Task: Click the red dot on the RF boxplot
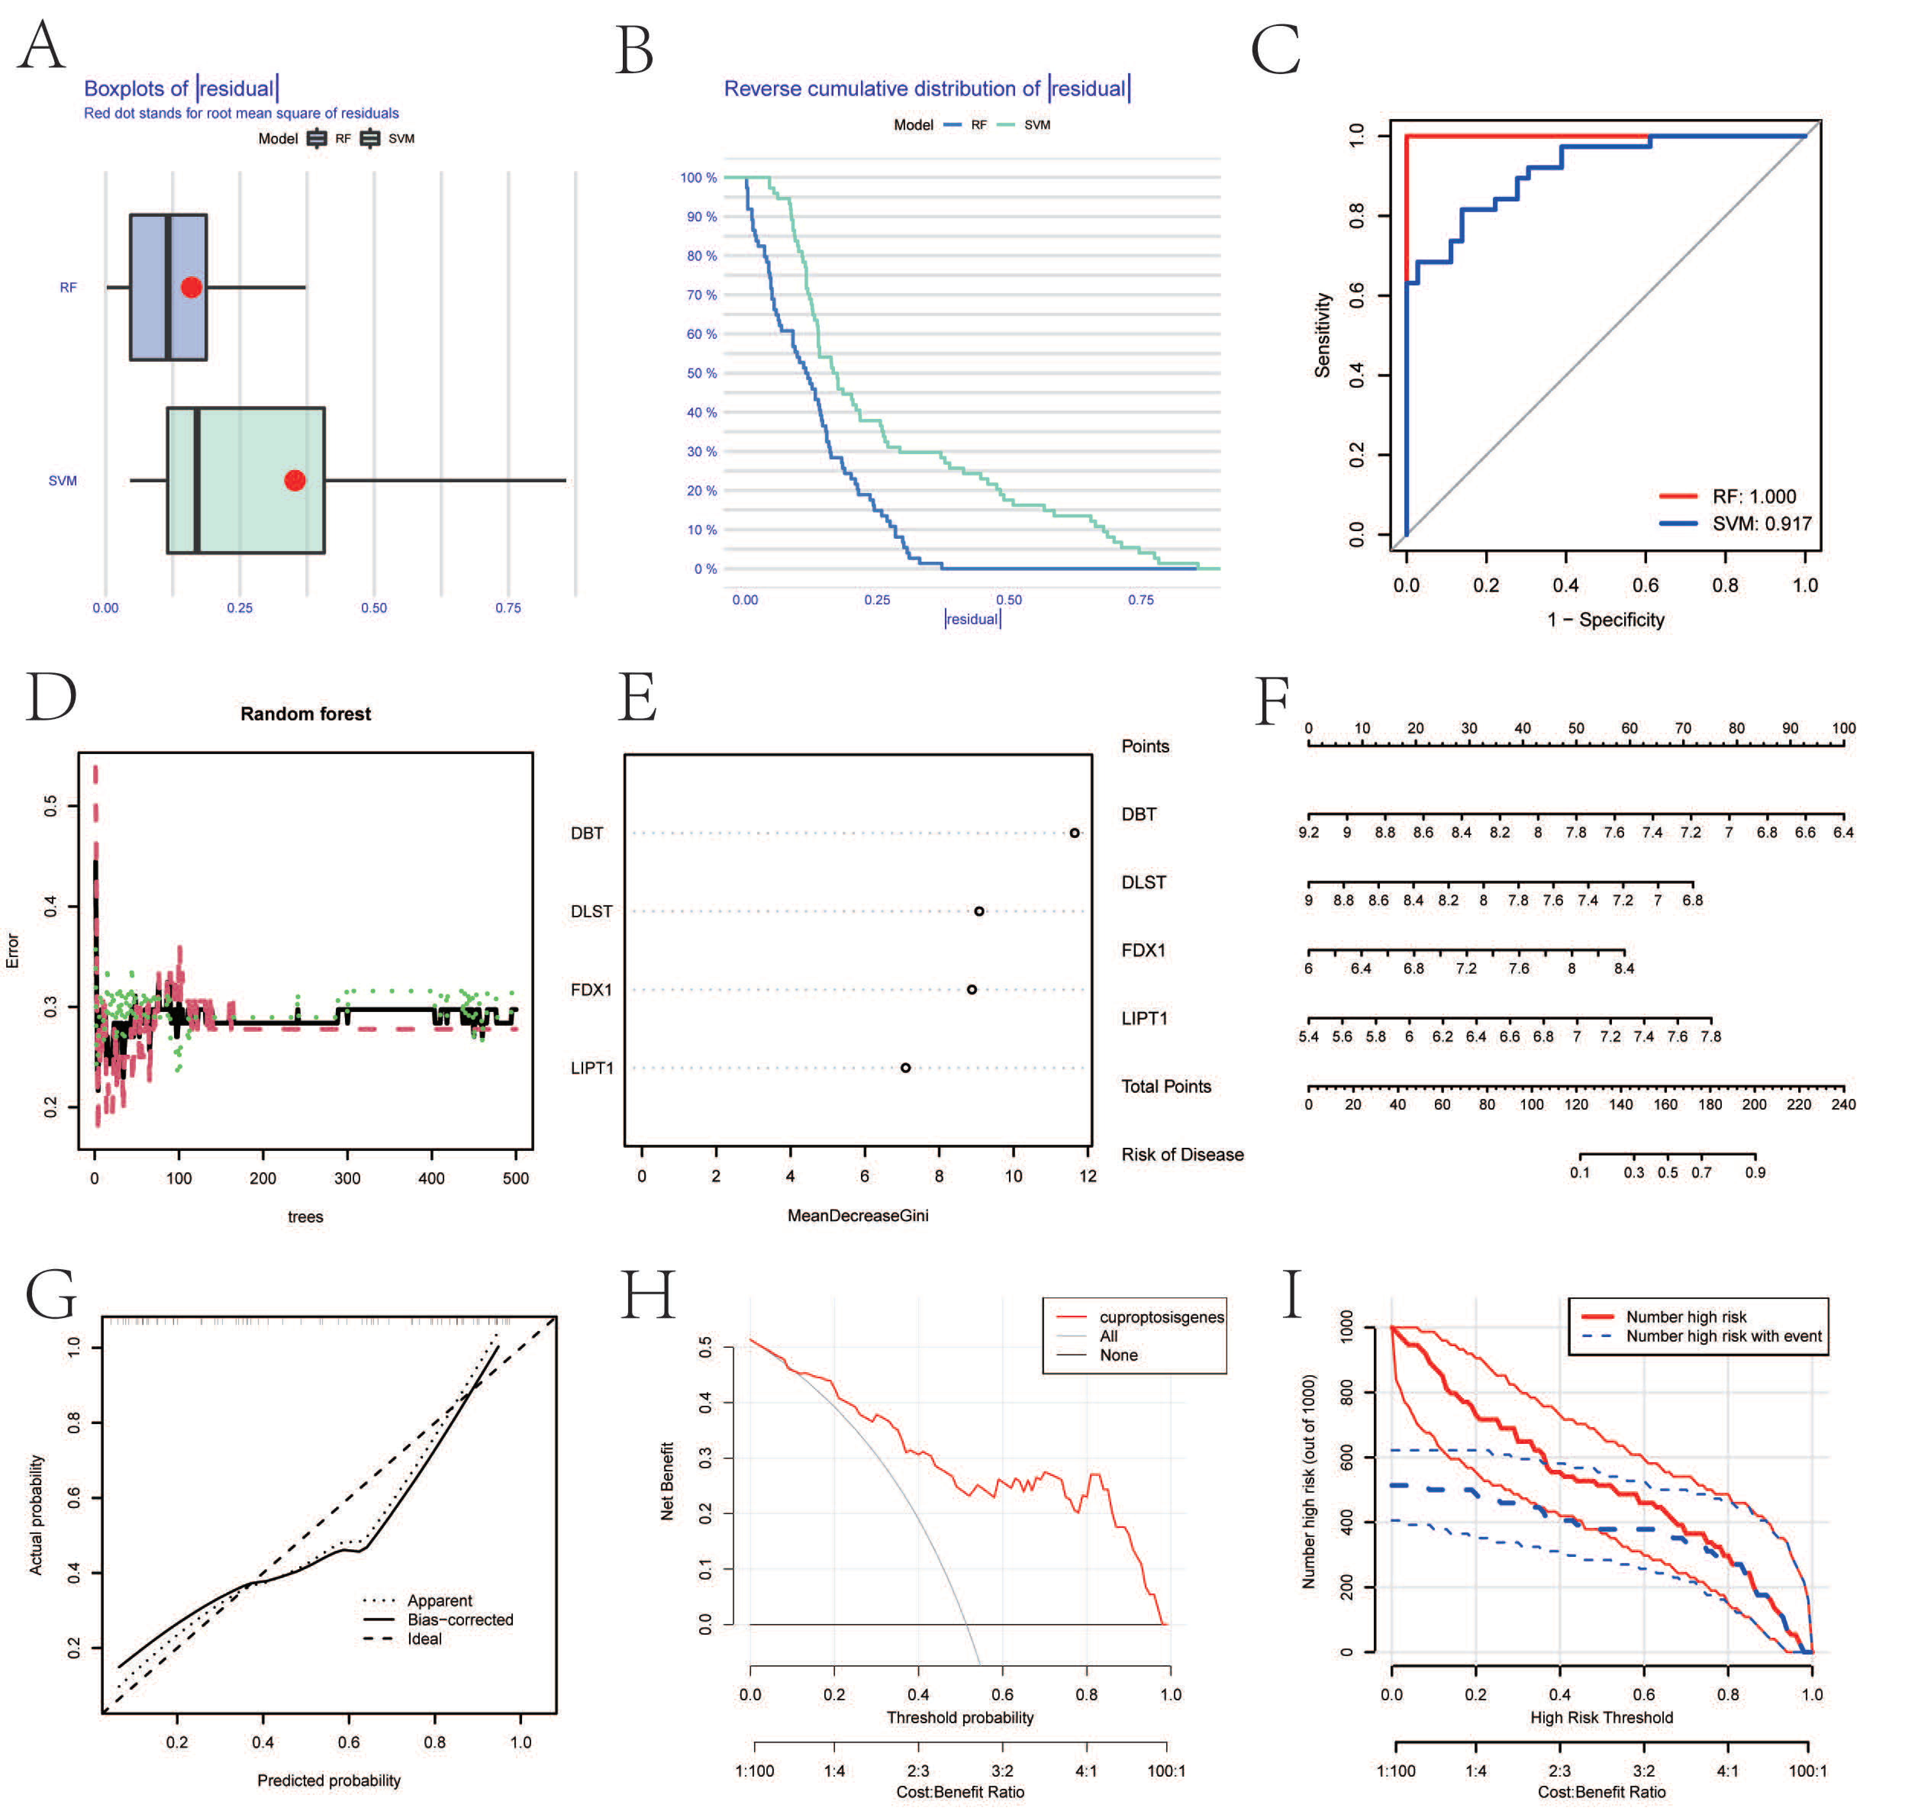(191, 287)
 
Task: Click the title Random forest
(305, 714)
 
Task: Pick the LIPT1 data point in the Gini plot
(906, 1068)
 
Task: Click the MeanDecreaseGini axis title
(857, 1215)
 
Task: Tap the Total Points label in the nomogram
(1165, 1086)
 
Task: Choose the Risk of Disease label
(1181, 1155)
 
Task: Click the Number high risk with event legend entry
(1723, 1336)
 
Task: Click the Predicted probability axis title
(328, 1780)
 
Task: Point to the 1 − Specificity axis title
(1605, 620)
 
